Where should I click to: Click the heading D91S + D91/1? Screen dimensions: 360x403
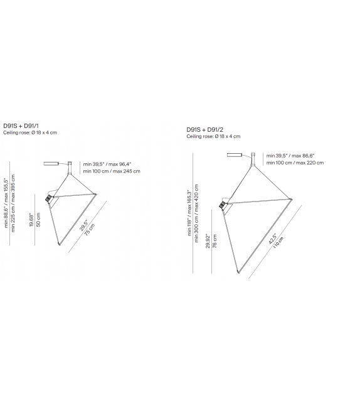point(21,126)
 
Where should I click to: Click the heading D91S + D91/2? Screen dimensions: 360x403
point(204,130)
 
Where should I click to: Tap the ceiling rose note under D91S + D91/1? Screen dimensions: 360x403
point(30,132)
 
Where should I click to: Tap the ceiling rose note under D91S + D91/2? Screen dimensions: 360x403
point(213,136)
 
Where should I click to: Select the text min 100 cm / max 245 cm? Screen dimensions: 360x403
point(112,171)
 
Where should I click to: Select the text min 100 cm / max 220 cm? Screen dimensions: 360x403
point(295,163)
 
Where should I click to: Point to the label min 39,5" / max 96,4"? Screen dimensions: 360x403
point(107,164)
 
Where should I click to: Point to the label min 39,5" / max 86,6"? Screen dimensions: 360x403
point(290,156)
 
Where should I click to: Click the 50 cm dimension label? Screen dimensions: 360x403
point(38,220)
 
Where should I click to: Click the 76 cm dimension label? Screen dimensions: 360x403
point(215,241)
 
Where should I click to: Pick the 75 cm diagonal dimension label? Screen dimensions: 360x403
point(90,229)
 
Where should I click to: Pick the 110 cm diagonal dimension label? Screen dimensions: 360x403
point(278,242)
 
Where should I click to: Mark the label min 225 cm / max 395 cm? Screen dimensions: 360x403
point(13,203)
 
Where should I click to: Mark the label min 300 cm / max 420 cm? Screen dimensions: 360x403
point(196,213)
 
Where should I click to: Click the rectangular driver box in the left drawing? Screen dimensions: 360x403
point(51,164)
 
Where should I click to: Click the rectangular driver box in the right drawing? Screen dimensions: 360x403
point(235,154)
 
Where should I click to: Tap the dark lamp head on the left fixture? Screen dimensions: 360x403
point(48,198)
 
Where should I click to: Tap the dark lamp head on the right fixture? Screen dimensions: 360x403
point(223,205)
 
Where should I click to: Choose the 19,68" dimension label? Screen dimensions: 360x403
point(31,220)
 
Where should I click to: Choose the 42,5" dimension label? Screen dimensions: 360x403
point(272,239)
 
